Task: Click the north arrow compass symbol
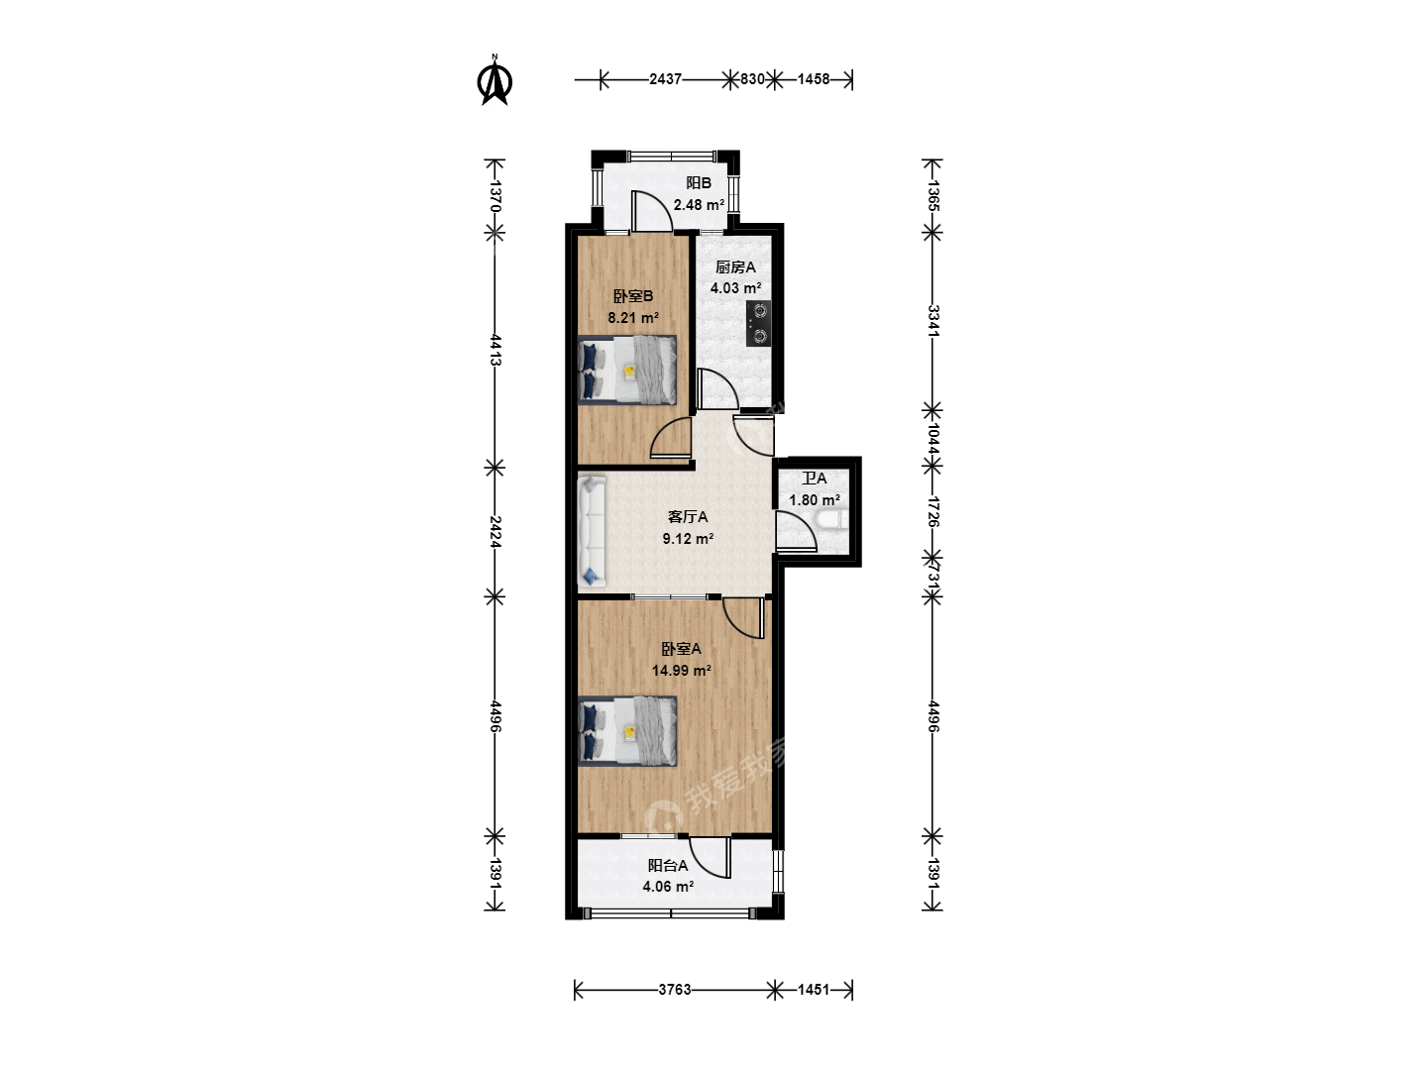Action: tap(494, 80)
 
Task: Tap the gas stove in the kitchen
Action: tap(758, 324)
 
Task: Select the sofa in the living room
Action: tap(592, 531)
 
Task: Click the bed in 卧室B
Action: tap(627, 370)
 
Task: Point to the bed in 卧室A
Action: tap(627, 731)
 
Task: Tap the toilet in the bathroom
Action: tap(829, 519)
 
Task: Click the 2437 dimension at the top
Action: tap(665, 79)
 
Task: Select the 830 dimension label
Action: tap(752, 79)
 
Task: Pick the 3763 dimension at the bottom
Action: tap(674, 990)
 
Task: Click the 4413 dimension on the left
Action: tap(494, 350)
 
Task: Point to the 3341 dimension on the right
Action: tap(933, 321)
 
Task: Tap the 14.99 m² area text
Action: tap(682, 670)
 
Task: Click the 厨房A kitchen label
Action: tap(735, 267)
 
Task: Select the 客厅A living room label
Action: tap(688, 517)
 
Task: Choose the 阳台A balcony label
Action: tap(668, 865)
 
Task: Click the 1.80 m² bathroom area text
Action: tap(815, 499)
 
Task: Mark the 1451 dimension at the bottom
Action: tap(814, 990)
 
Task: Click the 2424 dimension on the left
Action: tap(494, 531)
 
